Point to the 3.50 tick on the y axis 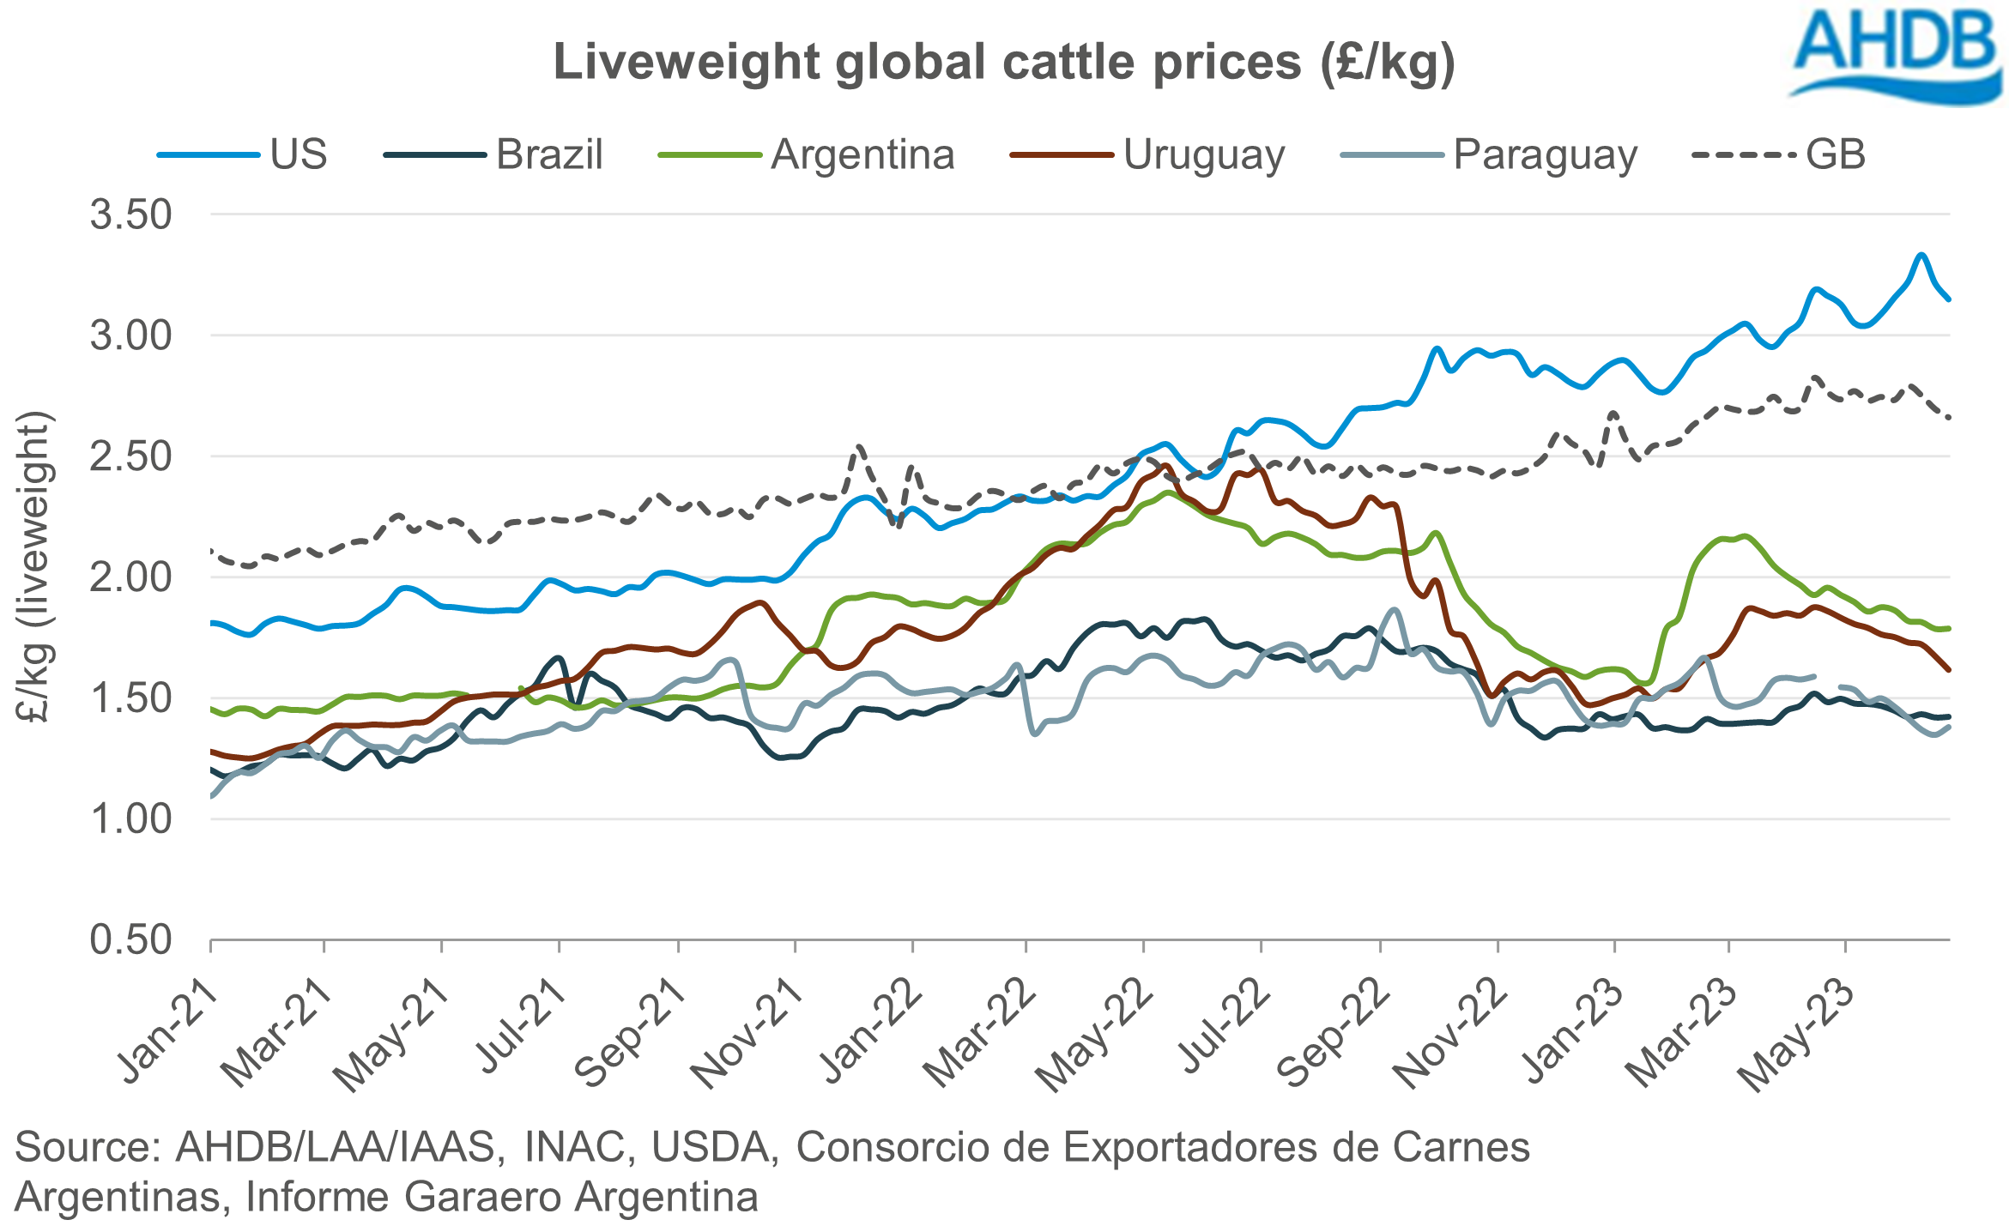(x=131, y=214)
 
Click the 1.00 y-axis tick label (x=131, y=819)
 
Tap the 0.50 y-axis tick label (x=131, y=940)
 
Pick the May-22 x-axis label (x=1094, y=1034)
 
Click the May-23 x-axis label (x=1798, y=1034)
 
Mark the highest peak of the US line (x=1921, y=255)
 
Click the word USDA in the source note (x=711, y=1147)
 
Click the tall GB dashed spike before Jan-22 (x=859, y=447)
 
